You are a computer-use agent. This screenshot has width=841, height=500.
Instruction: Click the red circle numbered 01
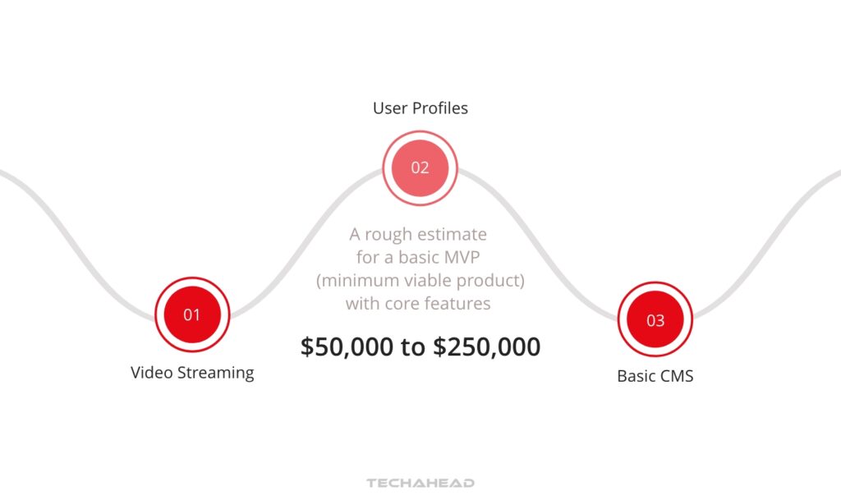191,314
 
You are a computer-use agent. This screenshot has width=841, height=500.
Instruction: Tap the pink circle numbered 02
420,167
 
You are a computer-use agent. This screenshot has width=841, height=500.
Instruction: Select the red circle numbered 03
655,320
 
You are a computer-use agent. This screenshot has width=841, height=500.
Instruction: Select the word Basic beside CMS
636,378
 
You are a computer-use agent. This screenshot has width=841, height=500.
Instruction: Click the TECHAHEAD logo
420,484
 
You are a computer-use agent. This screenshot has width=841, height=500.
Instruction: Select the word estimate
455,235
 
